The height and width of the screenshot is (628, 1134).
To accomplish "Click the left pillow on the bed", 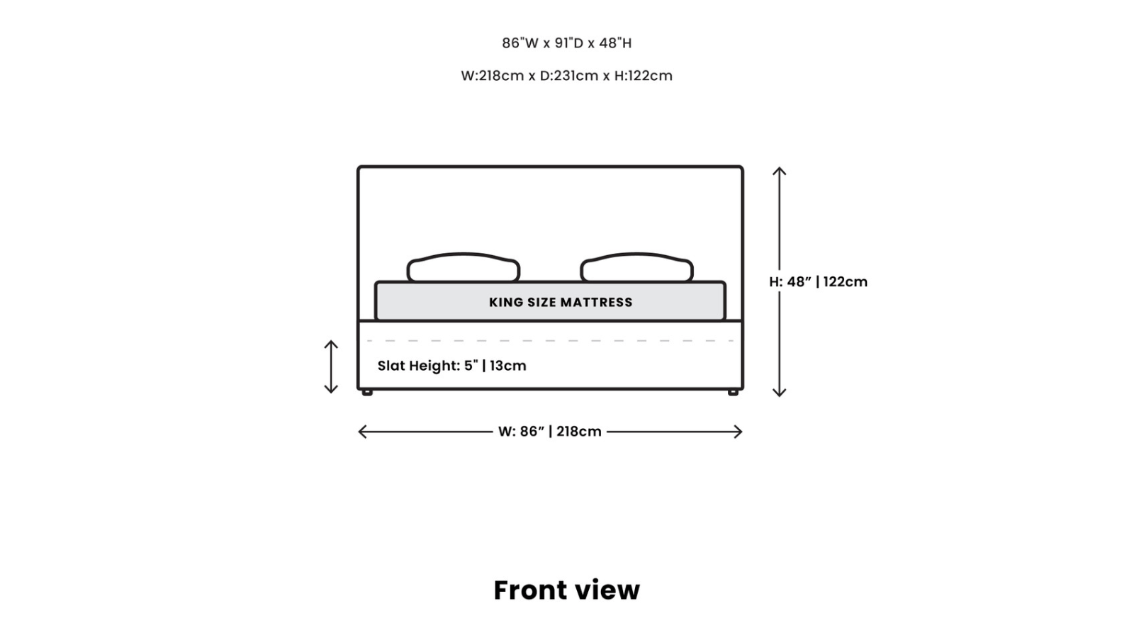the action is point(464,267).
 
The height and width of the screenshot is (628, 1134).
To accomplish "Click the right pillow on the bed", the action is point(637,267).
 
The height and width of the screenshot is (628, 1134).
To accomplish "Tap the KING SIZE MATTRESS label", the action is point(561,303).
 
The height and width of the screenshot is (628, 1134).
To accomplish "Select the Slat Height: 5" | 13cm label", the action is point(451,366).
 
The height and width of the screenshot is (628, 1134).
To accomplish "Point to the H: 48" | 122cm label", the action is point(818,282).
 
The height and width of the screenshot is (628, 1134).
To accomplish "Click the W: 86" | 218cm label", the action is point(550,432).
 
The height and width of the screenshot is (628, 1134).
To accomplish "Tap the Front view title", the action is point(566,590).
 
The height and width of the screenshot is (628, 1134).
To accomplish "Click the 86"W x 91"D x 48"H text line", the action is point(566,43).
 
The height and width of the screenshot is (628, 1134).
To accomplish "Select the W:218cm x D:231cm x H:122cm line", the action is point(566,76).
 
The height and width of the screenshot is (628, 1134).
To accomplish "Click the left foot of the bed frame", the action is point(367,393).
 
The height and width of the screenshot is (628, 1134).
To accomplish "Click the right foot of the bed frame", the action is point(733,393).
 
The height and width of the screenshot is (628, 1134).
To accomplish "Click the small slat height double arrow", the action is point(331,366).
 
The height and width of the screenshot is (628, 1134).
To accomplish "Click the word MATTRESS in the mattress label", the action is point(596,303).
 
